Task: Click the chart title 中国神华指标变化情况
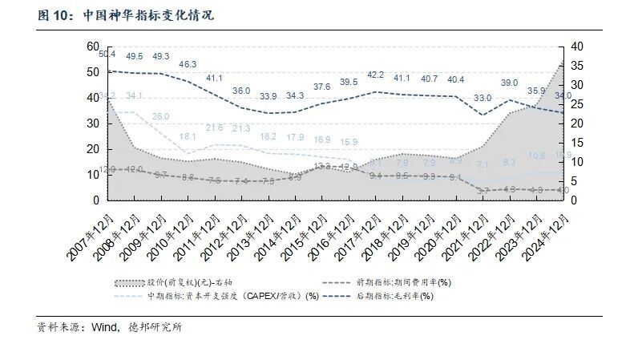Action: click(x=148, y=15)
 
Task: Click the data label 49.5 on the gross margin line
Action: click(x=135, y=56)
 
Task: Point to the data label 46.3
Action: click(x=188, y=64)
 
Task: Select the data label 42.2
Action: click(x=376, y=75)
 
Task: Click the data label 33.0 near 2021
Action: click(x=483, y=99)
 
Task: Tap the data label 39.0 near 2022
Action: click(x=510, y=83)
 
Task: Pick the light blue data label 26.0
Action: click(x=161, y=117)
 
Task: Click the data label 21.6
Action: click(x=215, y=128)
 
